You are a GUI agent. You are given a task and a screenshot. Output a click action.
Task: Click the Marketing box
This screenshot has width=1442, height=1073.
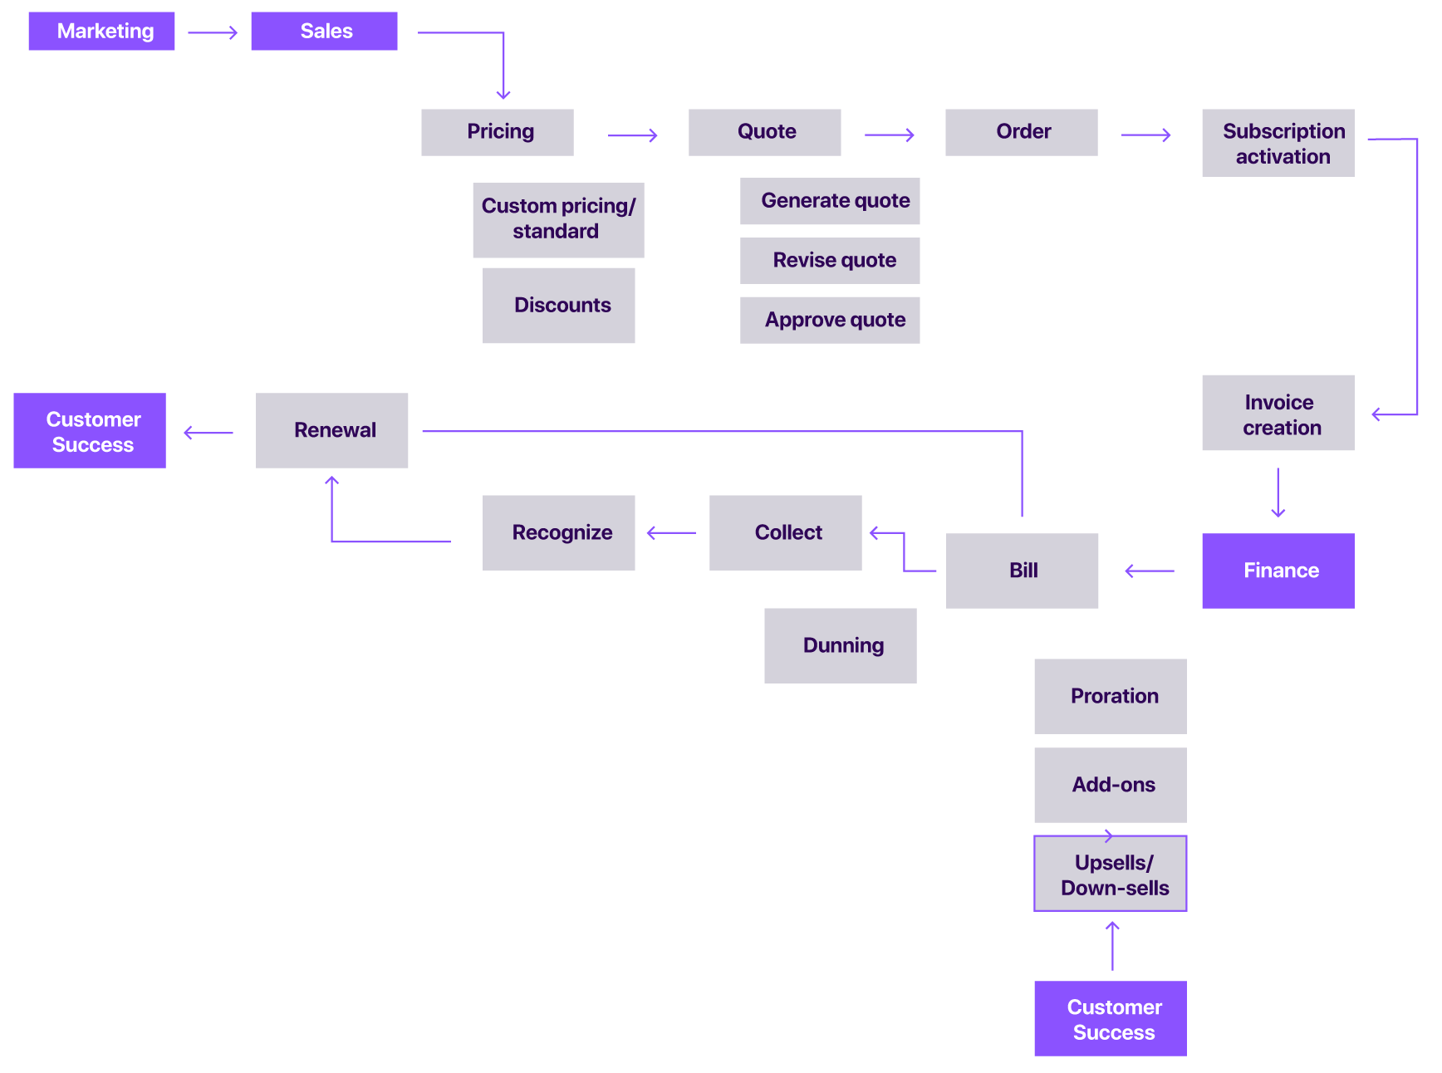point(101,32)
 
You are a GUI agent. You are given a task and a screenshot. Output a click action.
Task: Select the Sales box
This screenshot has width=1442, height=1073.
point(324,32)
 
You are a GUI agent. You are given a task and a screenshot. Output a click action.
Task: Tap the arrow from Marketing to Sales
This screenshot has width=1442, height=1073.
point(213,33)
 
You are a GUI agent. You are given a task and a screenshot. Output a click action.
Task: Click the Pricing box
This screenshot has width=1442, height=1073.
point(497,132)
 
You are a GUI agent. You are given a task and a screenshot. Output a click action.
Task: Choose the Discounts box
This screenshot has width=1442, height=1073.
point(558,305)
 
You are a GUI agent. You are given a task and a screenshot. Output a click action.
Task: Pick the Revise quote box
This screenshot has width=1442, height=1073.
point(829,260)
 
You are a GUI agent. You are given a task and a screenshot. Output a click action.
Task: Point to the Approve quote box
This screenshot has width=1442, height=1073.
point(829,320)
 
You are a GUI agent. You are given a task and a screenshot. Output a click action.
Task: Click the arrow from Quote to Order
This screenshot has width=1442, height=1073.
point(889,135)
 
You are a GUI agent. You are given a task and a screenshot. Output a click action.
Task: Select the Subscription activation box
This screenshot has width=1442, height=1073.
point(1278,143)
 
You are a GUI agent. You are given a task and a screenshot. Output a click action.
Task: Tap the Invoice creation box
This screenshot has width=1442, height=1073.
point(1278,413)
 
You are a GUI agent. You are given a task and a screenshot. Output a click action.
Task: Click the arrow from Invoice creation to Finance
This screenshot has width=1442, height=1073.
point(1278,492)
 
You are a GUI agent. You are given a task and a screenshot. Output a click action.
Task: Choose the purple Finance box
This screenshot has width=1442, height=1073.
point(1278,571)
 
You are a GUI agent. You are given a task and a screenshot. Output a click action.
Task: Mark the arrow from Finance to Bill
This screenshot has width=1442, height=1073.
point(1149,571)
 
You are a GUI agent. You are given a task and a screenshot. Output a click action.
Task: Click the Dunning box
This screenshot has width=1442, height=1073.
point(840,645)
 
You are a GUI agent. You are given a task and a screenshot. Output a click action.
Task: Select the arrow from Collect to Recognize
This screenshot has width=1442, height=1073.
point(671,533)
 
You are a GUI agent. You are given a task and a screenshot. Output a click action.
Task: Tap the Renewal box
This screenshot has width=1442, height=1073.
point(331,430)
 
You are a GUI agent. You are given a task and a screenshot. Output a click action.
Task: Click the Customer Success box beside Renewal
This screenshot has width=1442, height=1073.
point(90,430)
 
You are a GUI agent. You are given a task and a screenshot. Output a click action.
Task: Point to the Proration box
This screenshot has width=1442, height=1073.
point(1110,696)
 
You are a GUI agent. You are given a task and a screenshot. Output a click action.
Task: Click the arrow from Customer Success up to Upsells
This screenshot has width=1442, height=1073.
point(1112,945)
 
